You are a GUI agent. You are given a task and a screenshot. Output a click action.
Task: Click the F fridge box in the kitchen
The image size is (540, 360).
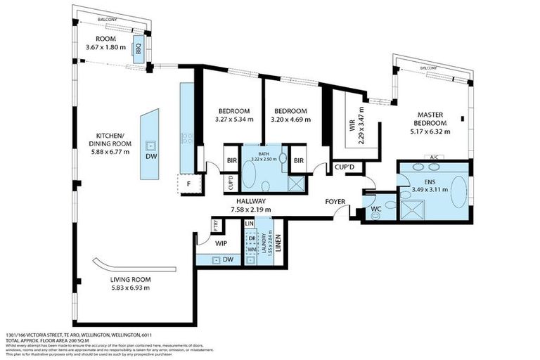(x=188, y=184)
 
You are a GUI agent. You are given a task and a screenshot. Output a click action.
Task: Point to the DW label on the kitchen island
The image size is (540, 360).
(x=151, y=157)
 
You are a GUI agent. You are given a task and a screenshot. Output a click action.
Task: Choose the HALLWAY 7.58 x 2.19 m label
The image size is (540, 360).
(x=251, y=205)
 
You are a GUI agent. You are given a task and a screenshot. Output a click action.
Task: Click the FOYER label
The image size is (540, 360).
(x=335, y=202)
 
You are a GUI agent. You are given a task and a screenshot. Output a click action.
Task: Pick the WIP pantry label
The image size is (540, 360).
(x=221, y=243)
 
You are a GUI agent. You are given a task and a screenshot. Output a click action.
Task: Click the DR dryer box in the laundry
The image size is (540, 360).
(x=251, y=238)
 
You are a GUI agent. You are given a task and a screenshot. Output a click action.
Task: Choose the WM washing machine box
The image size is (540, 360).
(x=251, y=249)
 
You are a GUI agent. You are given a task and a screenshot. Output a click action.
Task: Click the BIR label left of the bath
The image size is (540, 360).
(x=231, y=160)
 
